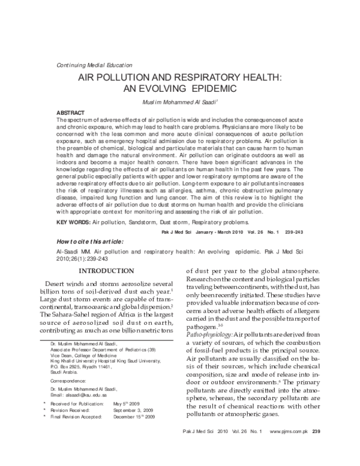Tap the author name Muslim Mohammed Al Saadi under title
181,102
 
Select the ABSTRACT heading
70,113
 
